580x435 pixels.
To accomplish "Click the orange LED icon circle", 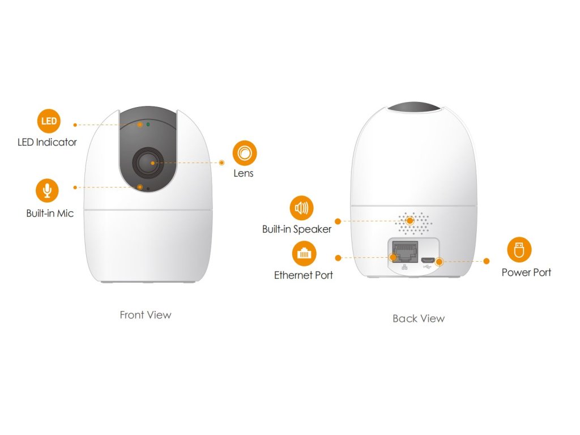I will pos(49,121).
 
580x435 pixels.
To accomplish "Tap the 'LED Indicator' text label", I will pos(47,142).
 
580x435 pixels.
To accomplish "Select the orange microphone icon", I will pos(47,190).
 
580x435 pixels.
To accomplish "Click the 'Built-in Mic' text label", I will pos(50,214).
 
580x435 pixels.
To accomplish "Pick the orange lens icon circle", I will pos(245,152).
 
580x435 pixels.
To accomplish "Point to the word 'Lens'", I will pos(244,173).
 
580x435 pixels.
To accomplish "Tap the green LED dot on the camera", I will pos(148,123).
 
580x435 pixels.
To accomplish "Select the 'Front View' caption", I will pos(146,315).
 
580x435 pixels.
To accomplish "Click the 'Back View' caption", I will pos(419,318).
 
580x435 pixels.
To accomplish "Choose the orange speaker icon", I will pos(301,208).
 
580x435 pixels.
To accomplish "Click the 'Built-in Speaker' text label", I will pos(297,229).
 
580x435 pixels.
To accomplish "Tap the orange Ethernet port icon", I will pos(304,253).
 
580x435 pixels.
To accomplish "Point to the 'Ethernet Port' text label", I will pos(304,275).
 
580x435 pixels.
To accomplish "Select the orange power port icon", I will pos(518,250).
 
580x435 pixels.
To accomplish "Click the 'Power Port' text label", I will pos(526,272).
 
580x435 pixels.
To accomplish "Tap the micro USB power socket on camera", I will pos(428,261).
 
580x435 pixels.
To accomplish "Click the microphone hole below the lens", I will pos(148,189).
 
